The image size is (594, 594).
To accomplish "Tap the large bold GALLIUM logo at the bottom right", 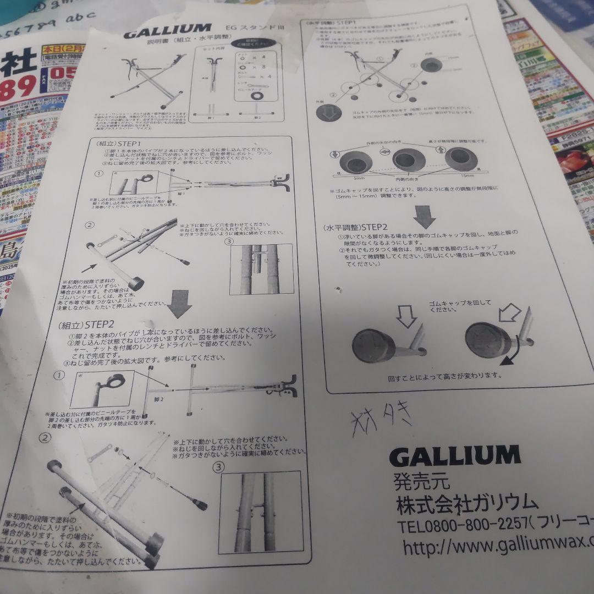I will click(454, 455).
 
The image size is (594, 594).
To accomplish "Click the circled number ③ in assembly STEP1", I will click(229, 241).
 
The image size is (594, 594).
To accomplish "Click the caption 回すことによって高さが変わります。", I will click(444, 376).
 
